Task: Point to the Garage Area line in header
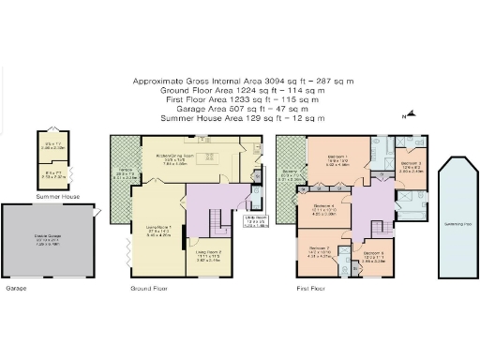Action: click(242, 110)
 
